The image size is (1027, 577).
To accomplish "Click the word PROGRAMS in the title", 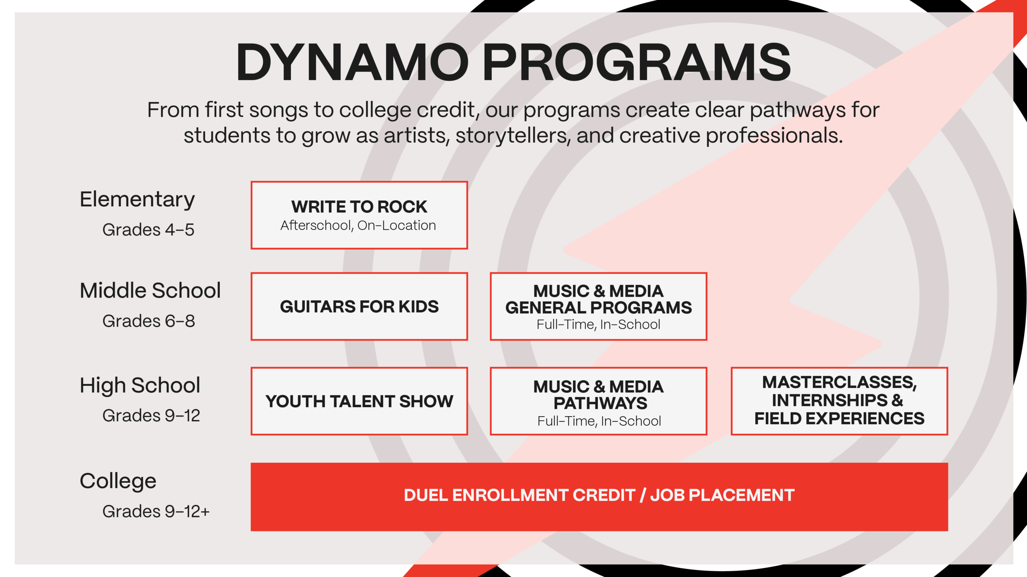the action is coord(637,62).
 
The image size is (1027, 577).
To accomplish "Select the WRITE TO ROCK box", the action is coord(359,215).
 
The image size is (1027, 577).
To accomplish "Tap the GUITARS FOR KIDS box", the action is coord(359,307).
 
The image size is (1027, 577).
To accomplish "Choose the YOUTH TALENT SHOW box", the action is coord(359,401).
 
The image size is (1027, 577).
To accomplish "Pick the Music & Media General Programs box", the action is coord(598,307).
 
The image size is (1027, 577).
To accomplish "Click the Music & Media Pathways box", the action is coord(598,401).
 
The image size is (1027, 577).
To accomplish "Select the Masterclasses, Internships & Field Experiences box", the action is coord(839,401).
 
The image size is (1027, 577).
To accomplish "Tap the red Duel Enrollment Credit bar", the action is coord(599,497).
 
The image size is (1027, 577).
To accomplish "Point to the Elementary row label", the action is coord(137,200).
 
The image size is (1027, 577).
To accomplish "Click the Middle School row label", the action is coord(150,290).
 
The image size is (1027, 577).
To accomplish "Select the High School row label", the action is coord(140,386).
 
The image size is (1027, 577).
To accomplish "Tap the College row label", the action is coord(118,481).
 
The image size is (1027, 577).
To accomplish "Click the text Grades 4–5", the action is coord(148,230).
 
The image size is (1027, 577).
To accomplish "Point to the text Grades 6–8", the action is coord(149,321).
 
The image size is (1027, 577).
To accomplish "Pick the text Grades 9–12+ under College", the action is coord(156,512).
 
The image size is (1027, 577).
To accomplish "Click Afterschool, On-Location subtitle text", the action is coord(358,226).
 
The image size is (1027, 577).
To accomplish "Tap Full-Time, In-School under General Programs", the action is coord(599,325).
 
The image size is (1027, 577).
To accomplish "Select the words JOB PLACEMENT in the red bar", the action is coord(723,495).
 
